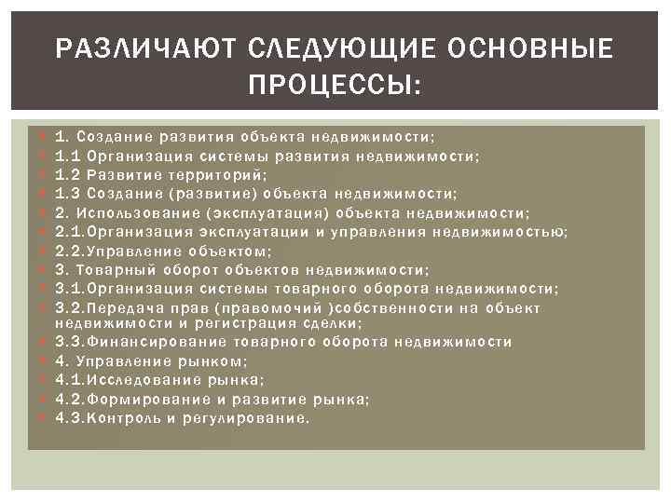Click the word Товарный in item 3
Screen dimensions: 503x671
[x=110, y=269]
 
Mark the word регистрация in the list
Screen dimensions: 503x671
[x=247, y=322]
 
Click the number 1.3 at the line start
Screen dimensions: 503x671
[x=65, y=194]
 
